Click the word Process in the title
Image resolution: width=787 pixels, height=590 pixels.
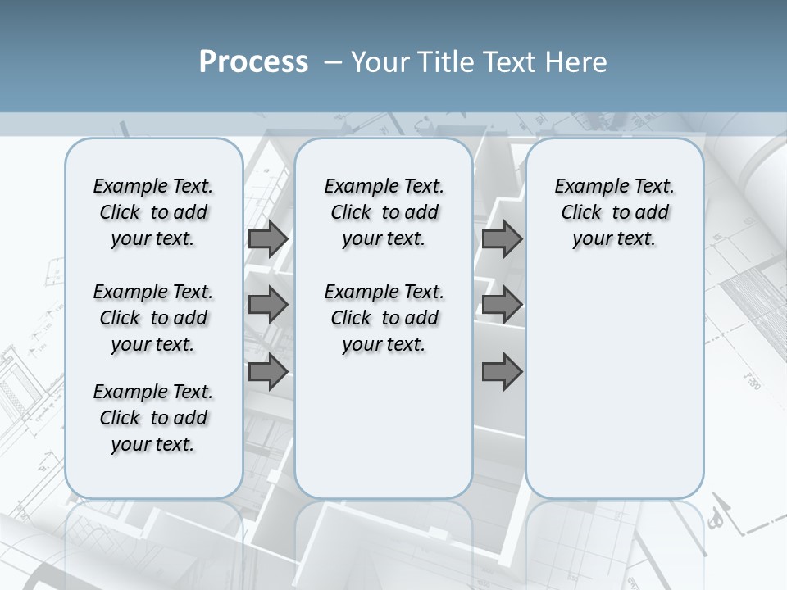(x=253, y=62)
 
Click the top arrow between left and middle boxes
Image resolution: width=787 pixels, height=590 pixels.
(x=267, y=239)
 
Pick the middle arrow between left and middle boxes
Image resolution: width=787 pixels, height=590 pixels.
(x=267, y=305)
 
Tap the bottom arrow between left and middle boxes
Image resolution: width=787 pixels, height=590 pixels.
(x=267, y=371)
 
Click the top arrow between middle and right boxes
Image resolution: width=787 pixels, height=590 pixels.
(x=502, y=239)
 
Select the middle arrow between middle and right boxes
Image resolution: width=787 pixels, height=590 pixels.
(x=502, y=305)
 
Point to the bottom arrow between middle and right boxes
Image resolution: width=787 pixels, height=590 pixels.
(x=502, y=372)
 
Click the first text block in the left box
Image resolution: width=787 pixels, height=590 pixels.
(x=153, y=212)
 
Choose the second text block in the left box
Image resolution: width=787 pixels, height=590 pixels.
(x=153, y=318)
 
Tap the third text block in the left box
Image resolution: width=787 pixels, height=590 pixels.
(x=153, y=418)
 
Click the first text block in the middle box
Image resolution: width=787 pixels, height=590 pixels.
(x=384, y=212)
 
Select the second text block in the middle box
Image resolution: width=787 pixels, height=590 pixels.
(x=384, y=318)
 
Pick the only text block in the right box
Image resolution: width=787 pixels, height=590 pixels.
(x=614, y=212)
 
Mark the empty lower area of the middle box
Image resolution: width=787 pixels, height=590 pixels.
(x=384, y=426)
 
